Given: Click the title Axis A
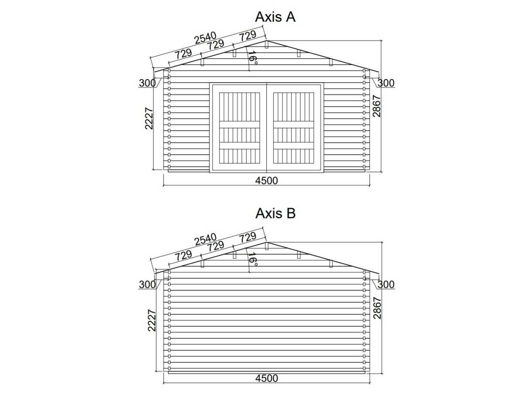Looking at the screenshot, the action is tap(275, 17).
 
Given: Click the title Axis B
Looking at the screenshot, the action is tap(276, 214).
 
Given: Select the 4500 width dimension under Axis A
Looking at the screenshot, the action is tap(266, 181).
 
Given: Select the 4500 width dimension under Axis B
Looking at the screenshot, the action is tap(267, 378).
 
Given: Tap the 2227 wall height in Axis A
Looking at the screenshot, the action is tap(149, 118).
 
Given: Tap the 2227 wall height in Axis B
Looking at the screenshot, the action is tap(152, 321).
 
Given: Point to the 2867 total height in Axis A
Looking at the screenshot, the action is tap(376, 106).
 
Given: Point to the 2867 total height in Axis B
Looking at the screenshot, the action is tap(377, 308).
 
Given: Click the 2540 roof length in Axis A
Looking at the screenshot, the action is tap(205, 38).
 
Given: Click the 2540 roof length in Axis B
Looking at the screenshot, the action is tap(206, 239).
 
